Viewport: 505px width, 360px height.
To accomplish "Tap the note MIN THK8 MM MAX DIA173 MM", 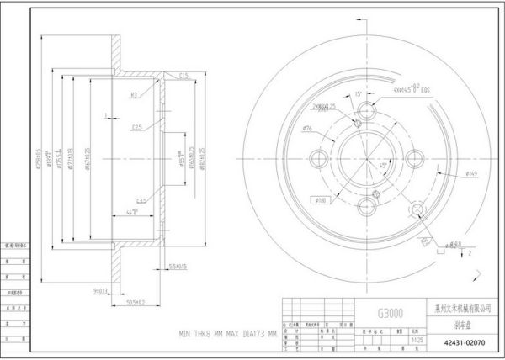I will tap(226, 333).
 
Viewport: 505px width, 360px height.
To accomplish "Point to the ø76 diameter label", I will tap(308, 128).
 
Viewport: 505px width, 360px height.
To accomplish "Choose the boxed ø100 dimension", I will tap(321, 200).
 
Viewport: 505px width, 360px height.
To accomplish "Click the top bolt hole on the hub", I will tap(366, 114).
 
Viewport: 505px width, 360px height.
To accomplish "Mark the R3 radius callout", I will tap(133, 95).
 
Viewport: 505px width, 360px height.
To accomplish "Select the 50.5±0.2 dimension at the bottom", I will tap(136, 300).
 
